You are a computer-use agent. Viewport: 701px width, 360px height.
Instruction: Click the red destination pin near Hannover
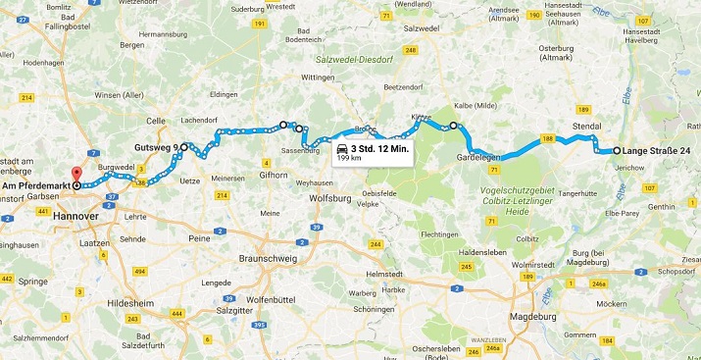point(76,178)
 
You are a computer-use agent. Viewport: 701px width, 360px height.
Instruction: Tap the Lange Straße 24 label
point(656,151)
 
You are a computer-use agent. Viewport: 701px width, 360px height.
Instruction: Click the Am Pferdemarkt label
point(34,184)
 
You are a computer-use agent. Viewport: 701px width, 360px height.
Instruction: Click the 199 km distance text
point(349,157)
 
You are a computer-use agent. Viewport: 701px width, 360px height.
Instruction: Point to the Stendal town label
point(585,127)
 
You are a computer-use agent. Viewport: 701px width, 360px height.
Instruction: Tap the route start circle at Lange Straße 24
point(617,151)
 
